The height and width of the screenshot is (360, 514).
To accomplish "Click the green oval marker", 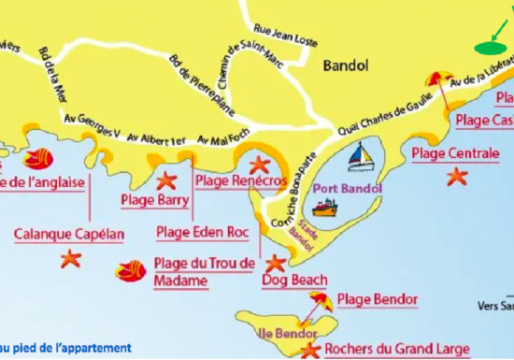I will point(489,46).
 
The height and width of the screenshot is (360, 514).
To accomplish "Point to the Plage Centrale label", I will point(455,152).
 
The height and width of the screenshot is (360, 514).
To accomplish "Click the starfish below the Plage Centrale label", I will point(456,176).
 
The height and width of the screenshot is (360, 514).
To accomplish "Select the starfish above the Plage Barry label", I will point(165,180).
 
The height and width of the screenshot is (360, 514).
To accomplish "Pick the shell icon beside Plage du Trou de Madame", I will point(130,271).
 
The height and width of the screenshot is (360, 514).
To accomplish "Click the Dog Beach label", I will point(293,280).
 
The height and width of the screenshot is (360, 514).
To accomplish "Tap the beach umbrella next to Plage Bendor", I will point(320,300).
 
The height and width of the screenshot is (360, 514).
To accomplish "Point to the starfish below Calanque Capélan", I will point(70,259).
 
